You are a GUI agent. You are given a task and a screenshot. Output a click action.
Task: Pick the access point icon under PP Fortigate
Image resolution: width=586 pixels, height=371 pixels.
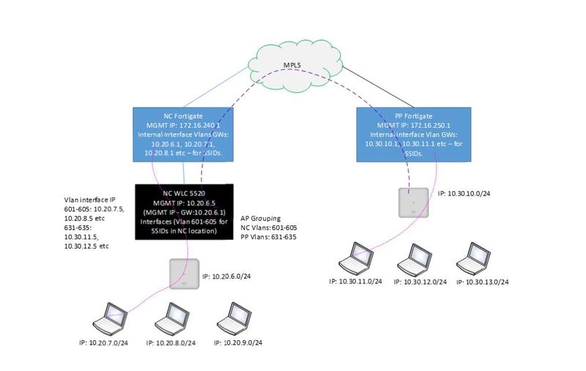tap(412, 202)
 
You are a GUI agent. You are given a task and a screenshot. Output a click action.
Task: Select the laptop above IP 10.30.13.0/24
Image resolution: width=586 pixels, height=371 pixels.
tap(473, 257)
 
